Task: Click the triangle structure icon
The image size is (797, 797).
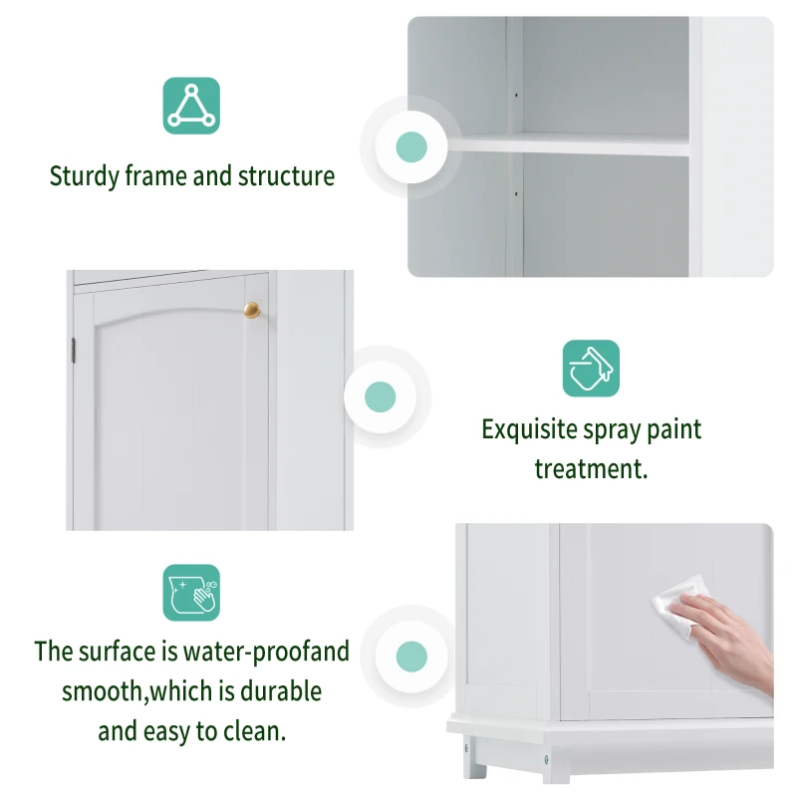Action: [x=191, y=106]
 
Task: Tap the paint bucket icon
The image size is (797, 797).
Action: [x=591, y=368]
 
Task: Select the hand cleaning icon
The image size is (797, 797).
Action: [x=191, y=593]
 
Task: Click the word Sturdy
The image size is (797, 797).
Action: [x=85, y=177]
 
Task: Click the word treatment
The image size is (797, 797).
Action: [x=591, y=469]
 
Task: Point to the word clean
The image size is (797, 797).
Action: [x=253, y=731]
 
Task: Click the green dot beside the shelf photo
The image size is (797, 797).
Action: [x=411, y=147]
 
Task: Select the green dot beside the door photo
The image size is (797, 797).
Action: [x=380, y=397]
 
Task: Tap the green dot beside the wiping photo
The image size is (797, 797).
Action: [x=411, y=657]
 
